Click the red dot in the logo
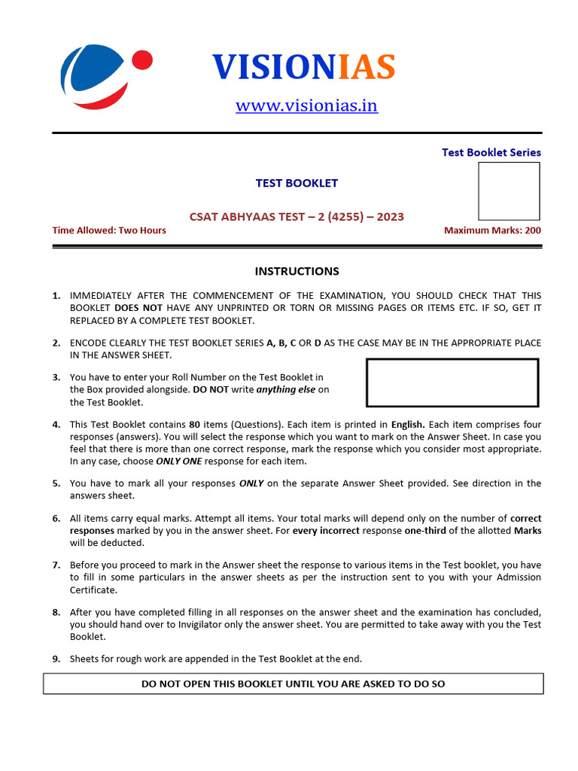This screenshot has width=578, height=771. (141, 59)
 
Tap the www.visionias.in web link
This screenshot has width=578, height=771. (306, 105)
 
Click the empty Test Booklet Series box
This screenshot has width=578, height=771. (509, 191)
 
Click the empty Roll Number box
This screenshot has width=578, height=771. (452, 382)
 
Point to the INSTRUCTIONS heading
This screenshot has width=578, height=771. (297, 271)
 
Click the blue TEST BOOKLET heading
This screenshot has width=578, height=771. (297, 183)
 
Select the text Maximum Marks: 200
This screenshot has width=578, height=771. (492, 230)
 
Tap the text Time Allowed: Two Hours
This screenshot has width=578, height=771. (109, 230)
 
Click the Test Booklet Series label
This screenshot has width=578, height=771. (491, 152)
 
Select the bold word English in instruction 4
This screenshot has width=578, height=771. (408, 425)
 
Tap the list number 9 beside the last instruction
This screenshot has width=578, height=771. (56, 659)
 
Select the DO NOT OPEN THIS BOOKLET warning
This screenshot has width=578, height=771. (294, 684)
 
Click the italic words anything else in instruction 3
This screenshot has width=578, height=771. (286, 389)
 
